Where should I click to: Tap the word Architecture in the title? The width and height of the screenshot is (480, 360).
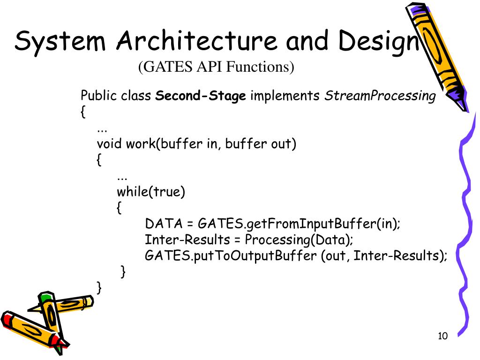tap(197, 41)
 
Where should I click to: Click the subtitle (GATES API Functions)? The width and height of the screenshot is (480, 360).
tap(216, 67)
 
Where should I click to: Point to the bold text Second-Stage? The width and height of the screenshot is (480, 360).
tap(201, 96)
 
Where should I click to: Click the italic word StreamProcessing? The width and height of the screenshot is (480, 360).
tap(380, 96)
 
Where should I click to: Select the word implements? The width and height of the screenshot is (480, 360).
tap(285, 96)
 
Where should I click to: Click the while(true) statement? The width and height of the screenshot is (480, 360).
tap(151, 192)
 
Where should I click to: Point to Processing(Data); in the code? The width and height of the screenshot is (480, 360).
tap(299, 240)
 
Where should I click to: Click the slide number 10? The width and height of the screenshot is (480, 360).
tap(442, 336)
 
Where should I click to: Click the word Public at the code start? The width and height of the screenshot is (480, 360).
tap(99, 96)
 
